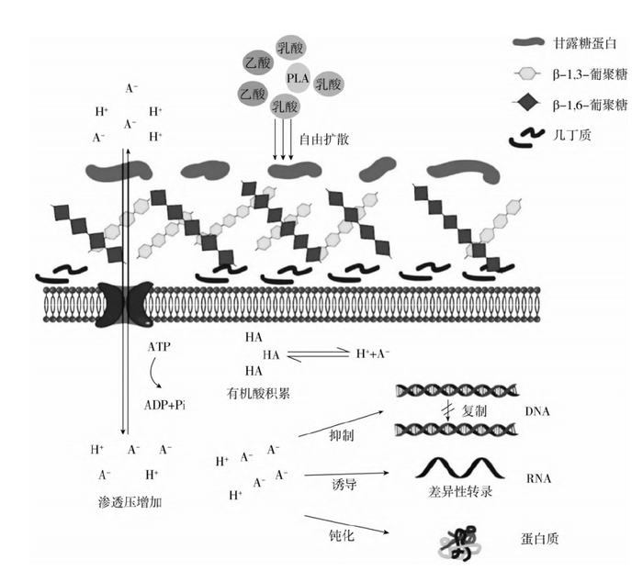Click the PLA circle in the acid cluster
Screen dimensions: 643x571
[x=298, y=78]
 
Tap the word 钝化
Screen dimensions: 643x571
[x=341, y=532]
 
